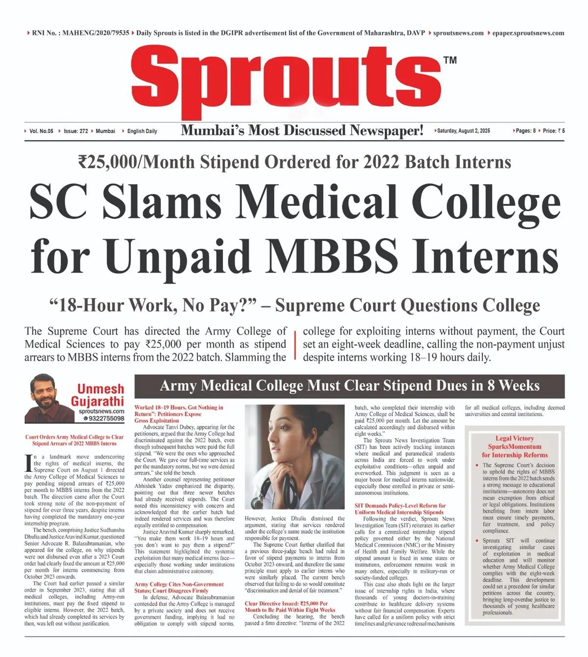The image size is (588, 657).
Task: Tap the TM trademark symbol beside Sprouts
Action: click(x=449, y=60)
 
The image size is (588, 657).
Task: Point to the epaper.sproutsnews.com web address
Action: click(x=528, y=33)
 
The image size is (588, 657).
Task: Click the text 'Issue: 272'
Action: click(x=76, y=131)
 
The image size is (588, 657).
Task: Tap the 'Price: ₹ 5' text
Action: click(x=554, y=131)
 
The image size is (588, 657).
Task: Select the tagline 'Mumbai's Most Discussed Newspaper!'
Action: click(x=302, y=131)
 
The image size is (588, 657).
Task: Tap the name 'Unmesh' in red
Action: click(x=100, y=389)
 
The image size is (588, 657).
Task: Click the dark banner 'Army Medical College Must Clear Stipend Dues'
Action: click(x=349, y=386)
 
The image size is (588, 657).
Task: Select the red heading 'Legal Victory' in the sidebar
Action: click(x=514, y=438)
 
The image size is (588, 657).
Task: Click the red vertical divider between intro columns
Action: click(x=295, y=345)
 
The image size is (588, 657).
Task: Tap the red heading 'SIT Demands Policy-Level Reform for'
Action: click(x=400, y=505)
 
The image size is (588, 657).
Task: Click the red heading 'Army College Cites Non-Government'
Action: click(x=179, y=584)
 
